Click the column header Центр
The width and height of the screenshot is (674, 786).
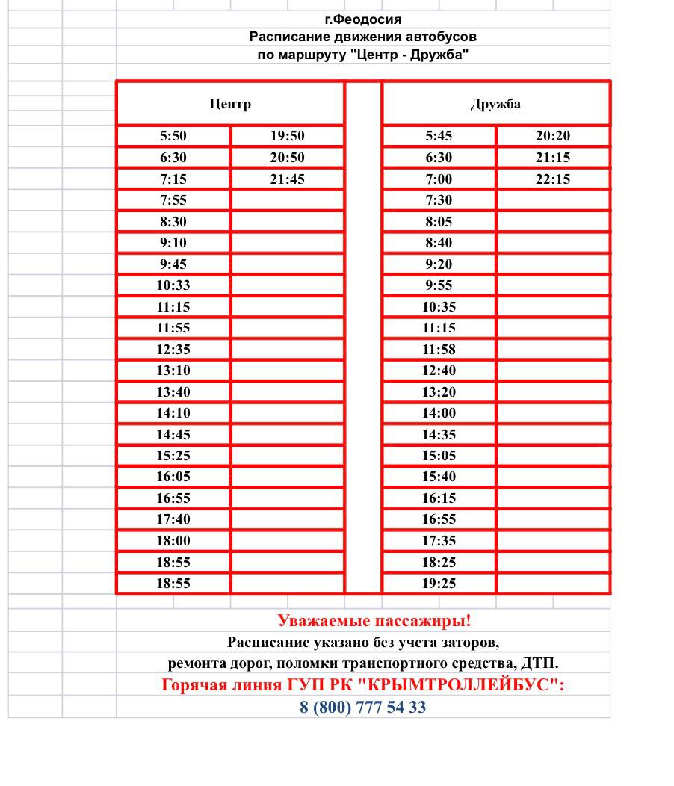point(230,104)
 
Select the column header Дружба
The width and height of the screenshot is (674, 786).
point(495,104)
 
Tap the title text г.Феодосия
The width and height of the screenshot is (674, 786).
point(362,19)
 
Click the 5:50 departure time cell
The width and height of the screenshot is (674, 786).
point(173,136)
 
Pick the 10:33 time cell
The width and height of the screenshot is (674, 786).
point(173,285)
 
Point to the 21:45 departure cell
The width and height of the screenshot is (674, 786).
point(287,179)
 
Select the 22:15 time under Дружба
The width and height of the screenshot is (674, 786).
point(553,179)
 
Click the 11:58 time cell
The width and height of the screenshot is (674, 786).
point(439,349)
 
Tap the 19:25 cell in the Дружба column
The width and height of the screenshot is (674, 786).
point(439,584)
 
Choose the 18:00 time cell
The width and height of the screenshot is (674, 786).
point(173,541)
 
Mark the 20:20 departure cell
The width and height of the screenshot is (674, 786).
point(553,136)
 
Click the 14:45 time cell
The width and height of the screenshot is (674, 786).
point(173,435)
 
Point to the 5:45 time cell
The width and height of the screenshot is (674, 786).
point(439,136)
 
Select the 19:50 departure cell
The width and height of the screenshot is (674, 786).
point(287,136)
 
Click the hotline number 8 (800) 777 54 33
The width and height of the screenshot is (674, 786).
point(362,708)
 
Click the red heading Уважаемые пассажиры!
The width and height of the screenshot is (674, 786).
point(374,621)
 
